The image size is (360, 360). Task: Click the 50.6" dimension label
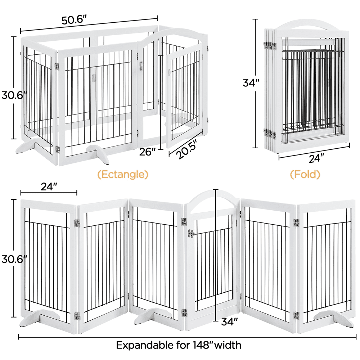[75, 20]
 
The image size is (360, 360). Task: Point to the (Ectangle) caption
[123, 175]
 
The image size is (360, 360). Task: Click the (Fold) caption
[305, 175]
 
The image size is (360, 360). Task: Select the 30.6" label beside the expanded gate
[10, 258]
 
